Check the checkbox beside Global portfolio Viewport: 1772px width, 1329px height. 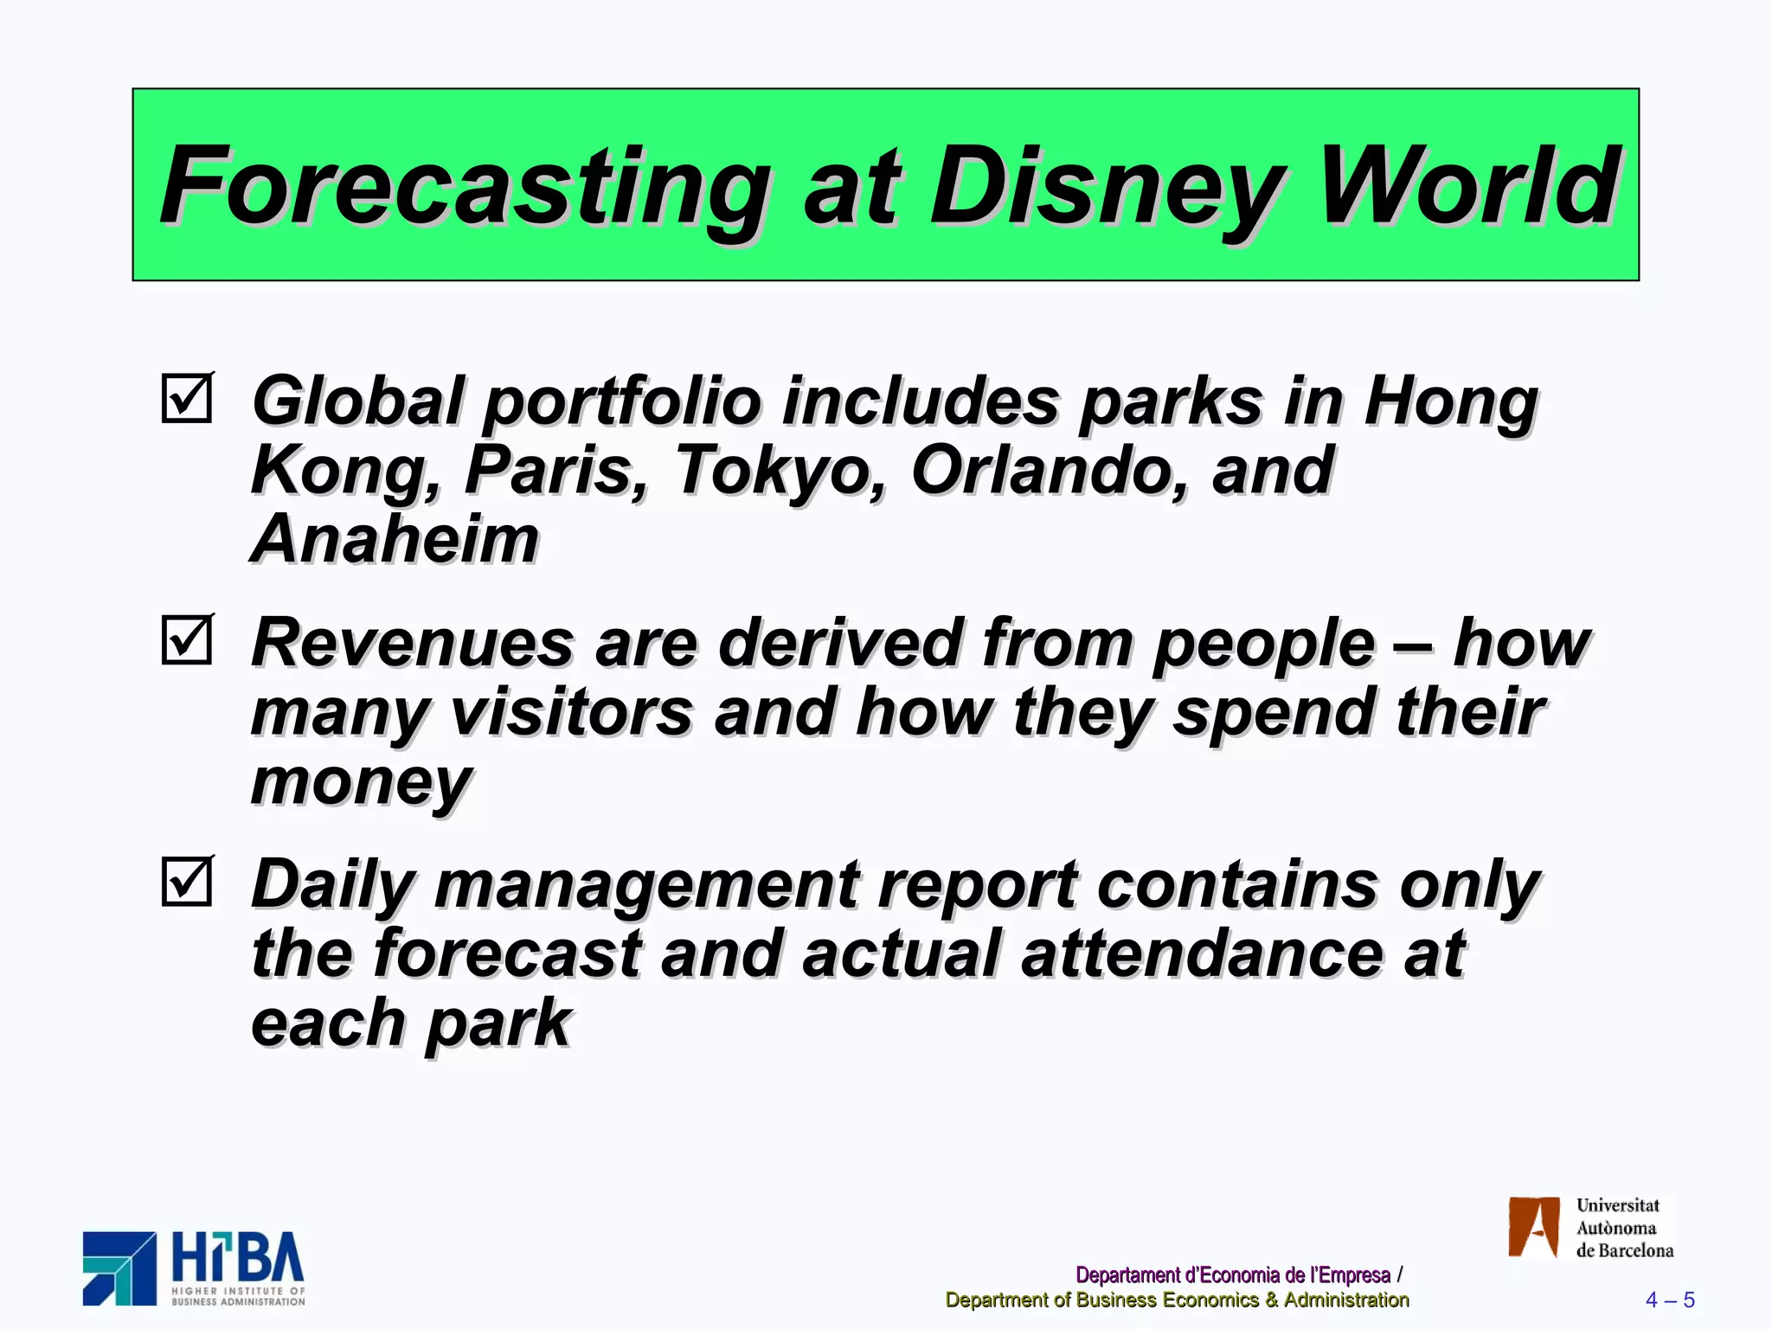187,398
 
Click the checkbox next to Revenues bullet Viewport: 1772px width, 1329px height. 187,639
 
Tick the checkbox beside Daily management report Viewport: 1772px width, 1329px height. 187,881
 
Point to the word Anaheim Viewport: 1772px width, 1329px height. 395,539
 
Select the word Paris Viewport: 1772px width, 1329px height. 555,472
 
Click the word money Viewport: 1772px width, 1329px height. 362,782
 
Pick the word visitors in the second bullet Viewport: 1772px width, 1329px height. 571,712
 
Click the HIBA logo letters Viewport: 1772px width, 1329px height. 238,1258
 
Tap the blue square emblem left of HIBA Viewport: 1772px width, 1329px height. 119,1268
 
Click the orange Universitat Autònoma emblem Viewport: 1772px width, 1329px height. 1533,1227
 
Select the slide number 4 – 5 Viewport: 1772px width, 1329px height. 1669,1300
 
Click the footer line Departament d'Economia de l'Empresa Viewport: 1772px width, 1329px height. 1232,1274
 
